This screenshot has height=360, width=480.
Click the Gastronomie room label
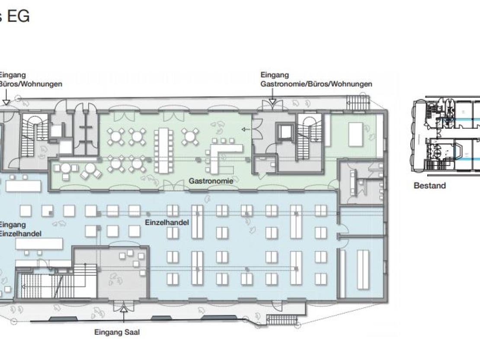pos(211,181)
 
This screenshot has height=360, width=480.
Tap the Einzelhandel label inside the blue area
pos(167,223)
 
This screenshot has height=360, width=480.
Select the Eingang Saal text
pos(117,332)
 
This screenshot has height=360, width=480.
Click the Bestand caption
pos(429,185)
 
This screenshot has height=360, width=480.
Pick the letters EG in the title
pos(18,16)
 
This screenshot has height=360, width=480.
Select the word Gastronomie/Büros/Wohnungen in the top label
pos(316,84)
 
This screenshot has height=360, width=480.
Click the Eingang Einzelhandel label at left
pos(20,229)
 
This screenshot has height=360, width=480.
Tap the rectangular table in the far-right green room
pos(355,134)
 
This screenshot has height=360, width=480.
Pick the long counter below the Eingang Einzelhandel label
pos(39,244)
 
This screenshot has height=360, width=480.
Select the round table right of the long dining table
pos(190,137)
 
